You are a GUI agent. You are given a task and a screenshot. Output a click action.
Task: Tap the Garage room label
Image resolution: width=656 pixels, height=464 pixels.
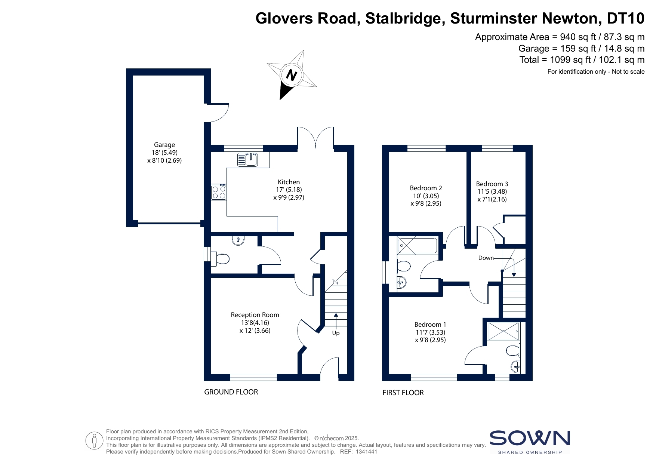point(164,145)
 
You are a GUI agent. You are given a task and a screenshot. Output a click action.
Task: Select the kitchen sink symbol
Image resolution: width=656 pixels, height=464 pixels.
point(247,159)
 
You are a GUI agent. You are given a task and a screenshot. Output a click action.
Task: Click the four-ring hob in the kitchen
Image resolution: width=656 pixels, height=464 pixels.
point(219,192)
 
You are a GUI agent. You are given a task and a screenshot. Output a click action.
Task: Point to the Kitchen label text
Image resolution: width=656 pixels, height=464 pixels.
point(289,182)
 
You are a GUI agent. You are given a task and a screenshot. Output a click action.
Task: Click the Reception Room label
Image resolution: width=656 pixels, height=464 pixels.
point(255,315)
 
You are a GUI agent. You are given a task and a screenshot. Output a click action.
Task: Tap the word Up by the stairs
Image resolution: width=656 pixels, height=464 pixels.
point(336,333)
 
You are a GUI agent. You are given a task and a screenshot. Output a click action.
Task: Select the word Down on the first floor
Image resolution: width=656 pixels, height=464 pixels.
point(486,258)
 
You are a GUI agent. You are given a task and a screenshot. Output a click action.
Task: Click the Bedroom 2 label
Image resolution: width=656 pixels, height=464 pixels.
point(426,188)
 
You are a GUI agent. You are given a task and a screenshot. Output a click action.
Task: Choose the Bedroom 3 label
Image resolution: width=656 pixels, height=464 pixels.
point(492,184)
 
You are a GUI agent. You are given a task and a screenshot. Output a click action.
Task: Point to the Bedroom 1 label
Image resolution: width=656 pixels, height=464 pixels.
point(430,325)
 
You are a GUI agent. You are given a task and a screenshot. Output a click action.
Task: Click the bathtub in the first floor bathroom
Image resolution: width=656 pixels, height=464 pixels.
point(417,246)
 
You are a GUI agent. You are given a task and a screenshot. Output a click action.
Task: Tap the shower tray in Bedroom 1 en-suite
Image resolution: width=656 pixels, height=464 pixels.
point(503,331)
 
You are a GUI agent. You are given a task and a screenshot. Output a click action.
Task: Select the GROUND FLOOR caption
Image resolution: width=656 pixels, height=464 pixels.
point(231,392)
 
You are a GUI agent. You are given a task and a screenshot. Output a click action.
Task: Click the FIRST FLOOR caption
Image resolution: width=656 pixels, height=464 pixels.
point(403,393)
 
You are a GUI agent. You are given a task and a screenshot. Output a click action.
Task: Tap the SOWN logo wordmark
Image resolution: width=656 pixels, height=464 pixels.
point(530,438)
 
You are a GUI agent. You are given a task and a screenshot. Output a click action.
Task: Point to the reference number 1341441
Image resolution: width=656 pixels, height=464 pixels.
point(366,452)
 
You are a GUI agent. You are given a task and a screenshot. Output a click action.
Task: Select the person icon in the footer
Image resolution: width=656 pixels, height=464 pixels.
point(94,441)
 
